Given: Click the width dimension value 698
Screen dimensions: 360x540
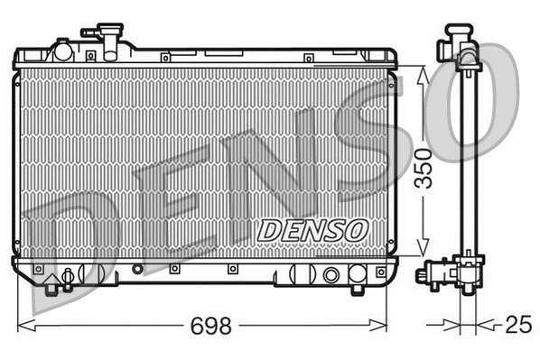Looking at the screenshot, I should click(x=209, y=325).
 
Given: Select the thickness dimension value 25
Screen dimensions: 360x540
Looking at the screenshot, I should click(x=515, y=325).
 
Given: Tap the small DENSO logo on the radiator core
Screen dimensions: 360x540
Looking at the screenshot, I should click(x=312, y=230).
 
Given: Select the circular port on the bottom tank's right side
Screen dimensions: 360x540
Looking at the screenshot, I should click(x=331, y=274).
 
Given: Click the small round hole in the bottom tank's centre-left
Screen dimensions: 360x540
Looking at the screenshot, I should click(x=136, y=269).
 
